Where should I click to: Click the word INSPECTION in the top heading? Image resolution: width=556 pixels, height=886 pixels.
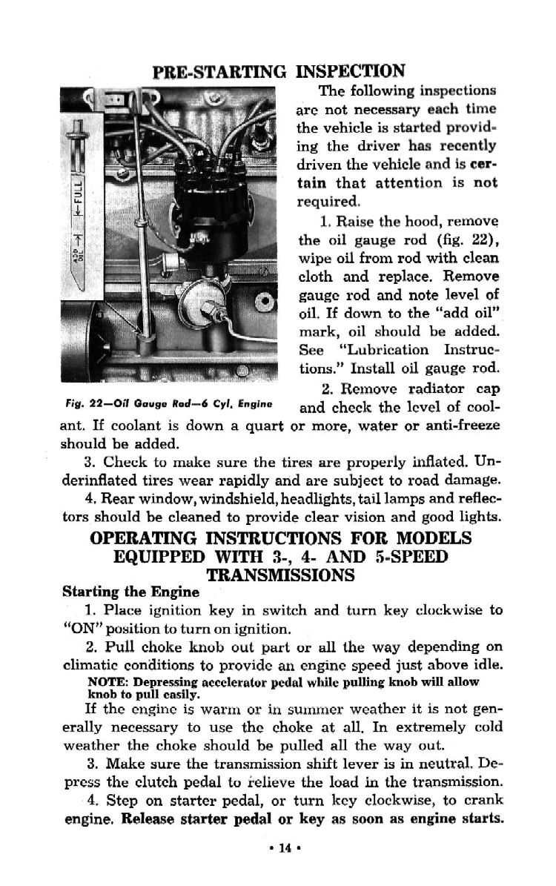click(351, 71)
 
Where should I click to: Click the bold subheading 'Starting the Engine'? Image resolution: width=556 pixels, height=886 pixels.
click(130, 592)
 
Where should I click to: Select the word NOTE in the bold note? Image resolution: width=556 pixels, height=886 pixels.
click(105, 681)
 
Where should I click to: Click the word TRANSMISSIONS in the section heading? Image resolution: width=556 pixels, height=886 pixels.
click(280, 575)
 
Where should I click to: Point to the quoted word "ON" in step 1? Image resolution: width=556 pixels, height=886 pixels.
click(76, 629)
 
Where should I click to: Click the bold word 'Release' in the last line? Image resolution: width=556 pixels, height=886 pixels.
click(149, 820)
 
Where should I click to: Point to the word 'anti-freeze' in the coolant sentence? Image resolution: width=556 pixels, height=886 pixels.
click(462, 426)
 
